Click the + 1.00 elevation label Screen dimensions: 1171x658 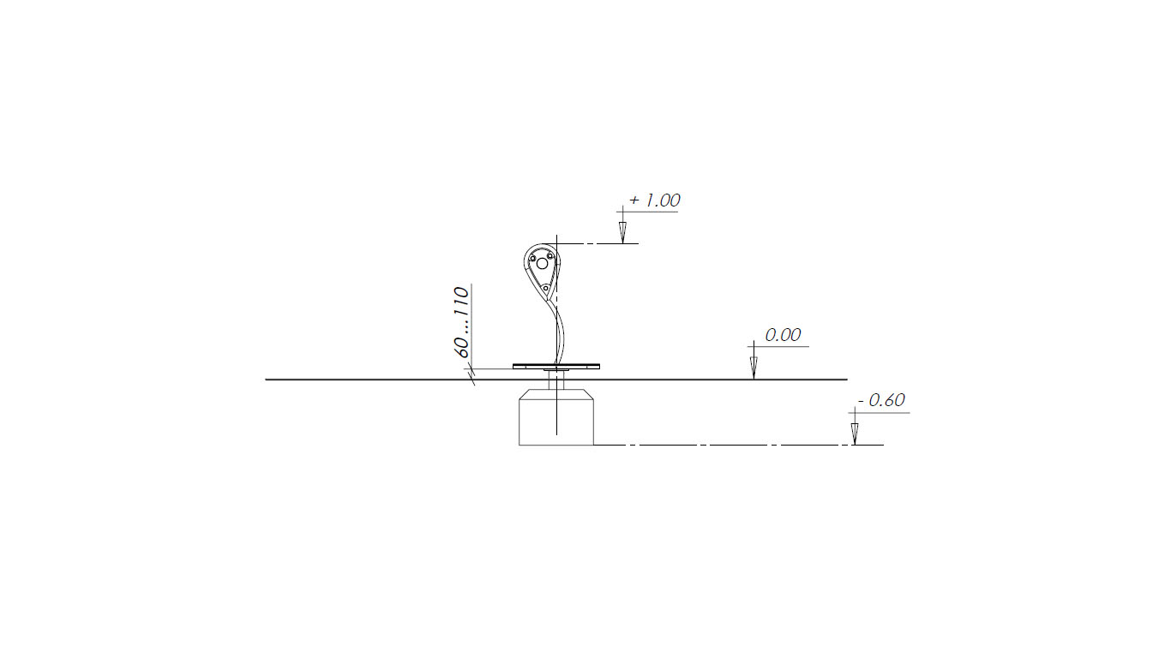point(654,200)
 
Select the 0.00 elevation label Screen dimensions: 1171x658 point(783,335)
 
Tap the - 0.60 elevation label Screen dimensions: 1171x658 point(881,400)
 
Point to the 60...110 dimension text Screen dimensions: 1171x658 point(461,322)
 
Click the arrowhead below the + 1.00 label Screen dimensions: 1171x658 point(622,232)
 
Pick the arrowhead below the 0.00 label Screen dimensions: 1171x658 point(754,368)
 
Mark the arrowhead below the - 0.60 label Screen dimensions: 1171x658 point(855,434)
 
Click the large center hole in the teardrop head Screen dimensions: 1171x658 point(542,264)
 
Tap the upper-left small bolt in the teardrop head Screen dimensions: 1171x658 point(532,259)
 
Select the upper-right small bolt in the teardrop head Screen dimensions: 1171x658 point(550,255)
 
